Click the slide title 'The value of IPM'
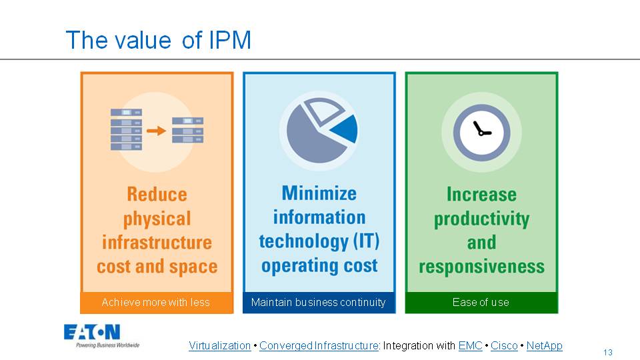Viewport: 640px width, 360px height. (x=158, y=41)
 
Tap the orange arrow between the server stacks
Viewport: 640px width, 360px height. (x=156, y=131)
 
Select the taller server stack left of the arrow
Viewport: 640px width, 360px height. (x=126, y=129)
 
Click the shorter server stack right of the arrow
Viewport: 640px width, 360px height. (x=187, y=130)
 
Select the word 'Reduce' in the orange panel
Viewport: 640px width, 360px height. (x=157, y=195)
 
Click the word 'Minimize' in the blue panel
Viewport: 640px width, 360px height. (x=319, y=193)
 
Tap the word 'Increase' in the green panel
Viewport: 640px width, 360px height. (x=481, y=195)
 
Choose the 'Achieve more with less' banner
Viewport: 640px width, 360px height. (x=156, y=303)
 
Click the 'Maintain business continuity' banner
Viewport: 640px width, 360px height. (x=319, y=303)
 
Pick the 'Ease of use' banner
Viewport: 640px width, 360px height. (x=481, y=303)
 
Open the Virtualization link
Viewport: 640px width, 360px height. (x=219, y=346)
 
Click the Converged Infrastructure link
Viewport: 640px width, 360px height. (x=319, y=346)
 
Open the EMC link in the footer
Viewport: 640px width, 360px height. (x=470, y=346)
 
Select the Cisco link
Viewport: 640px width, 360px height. (x=504, y=346)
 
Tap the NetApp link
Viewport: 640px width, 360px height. (x=544, y=346)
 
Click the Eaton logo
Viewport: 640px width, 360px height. (x=92, y=333)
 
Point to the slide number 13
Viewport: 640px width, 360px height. (x=607, y=353)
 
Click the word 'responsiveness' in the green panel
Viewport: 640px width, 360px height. (x=481, y=267)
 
